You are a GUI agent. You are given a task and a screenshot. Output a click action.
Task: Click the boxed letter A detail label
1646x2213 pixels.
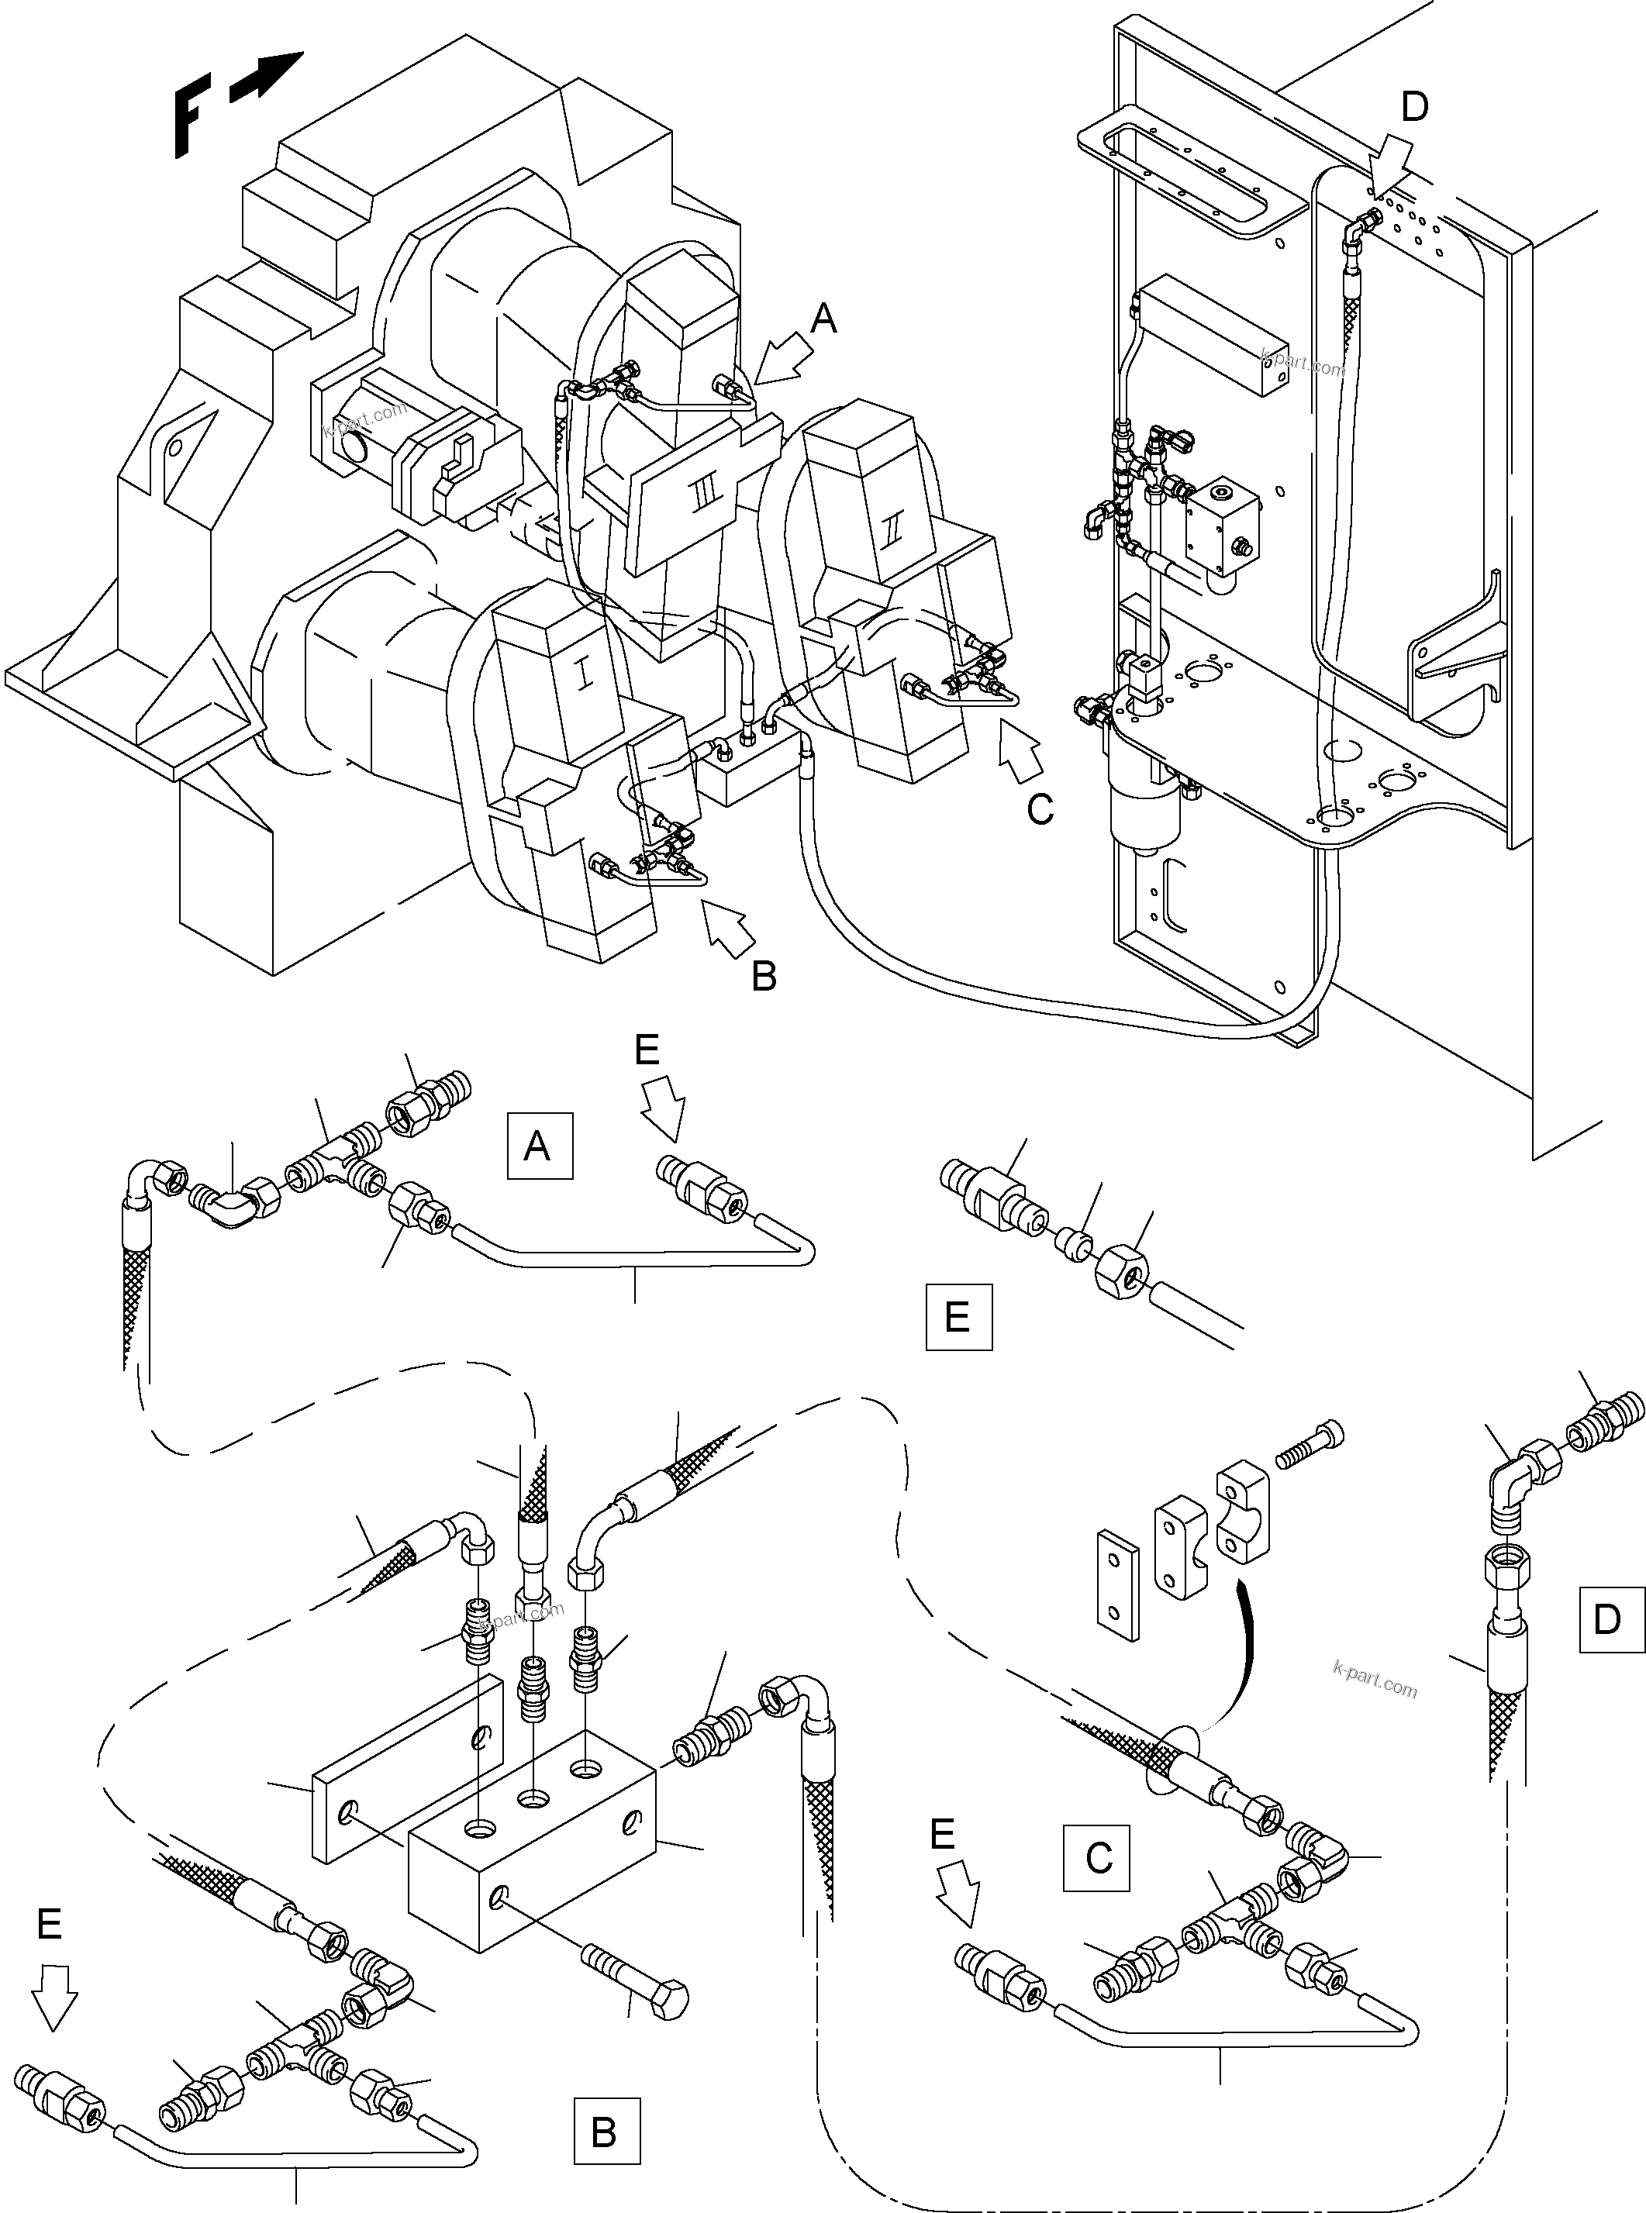tap(539, 1146)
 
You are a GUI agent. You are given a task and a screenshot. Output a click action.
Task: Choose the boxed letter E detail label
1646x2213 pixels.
tap(958, 1317)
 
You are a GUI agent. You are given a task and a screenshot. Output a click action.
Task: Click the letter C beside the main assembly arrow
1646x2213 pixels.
tap(1040, 808)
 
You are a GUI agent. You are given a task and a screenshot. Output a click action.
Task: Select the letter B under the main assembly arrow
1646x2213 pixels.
tap(763, 976)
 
